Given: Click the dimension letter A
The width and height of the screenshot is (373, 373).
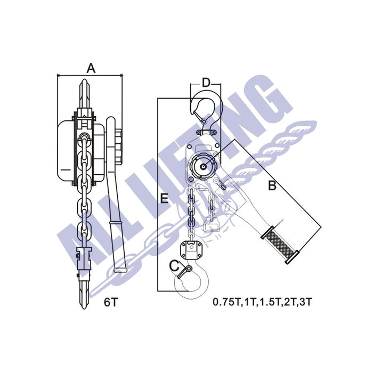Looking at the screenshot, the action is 91,68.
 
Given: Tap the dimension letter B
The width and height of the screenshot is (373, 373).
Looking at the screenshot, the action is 272,185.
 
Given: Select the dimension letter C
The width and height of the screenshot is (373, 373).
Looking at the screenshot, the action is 174,266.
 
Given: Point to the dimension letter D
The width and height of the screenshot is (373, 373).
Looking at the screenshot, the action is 206,83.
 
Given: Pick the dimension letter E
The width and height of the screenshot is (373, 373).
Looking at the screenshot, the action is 164,199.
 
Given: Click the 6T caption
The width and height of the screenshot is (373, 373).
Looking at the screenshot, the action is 111,302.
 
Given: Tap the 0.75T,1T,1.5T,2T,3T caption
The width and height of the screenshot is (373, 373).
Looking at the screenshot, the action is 262,302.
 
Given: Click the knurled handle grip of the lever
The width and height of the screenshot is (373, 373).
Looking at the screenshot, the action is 280,245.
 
